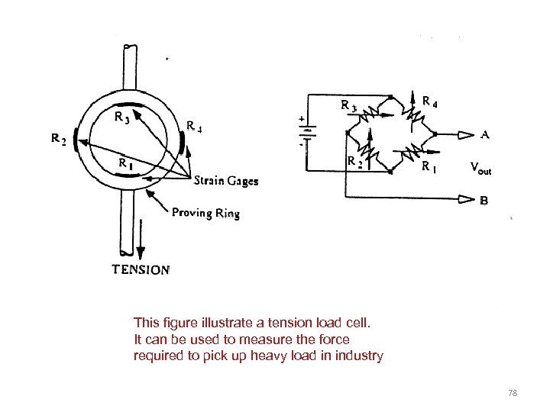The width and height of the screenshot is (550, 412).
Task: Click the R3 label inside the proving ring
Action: click(120, 118)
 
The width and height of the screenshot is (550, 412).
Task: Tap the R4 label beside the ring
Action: click(194, 127)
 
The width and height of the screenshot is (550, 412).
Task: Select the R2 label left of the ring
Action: click(59, 139)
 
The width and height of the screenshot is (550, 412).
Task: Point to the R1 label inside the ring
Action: click(125, 163)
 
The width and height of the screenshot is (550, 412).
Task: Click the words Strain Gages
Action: click(225, 181)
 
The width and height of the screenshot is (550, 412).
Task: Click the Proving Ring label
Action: click(205, 213)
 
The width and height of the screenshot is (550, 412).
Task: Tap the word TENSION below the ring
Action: click(141, 269)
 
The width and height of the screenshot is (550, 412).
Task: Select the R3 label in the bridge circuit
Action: click(348, 105)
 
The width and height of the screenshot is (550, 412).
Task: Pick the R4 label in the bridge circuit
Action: click(430, 99)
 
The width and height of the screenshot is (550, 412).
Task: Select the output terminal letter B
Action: click(484, 201)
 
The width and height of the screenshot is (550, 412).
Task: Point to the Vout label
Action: click(481, 168)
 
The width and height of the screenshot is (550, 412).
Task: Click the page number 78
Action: click(513, 392)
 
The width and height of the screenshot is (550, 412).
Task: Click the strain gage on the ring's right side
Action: click(182, 143)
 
